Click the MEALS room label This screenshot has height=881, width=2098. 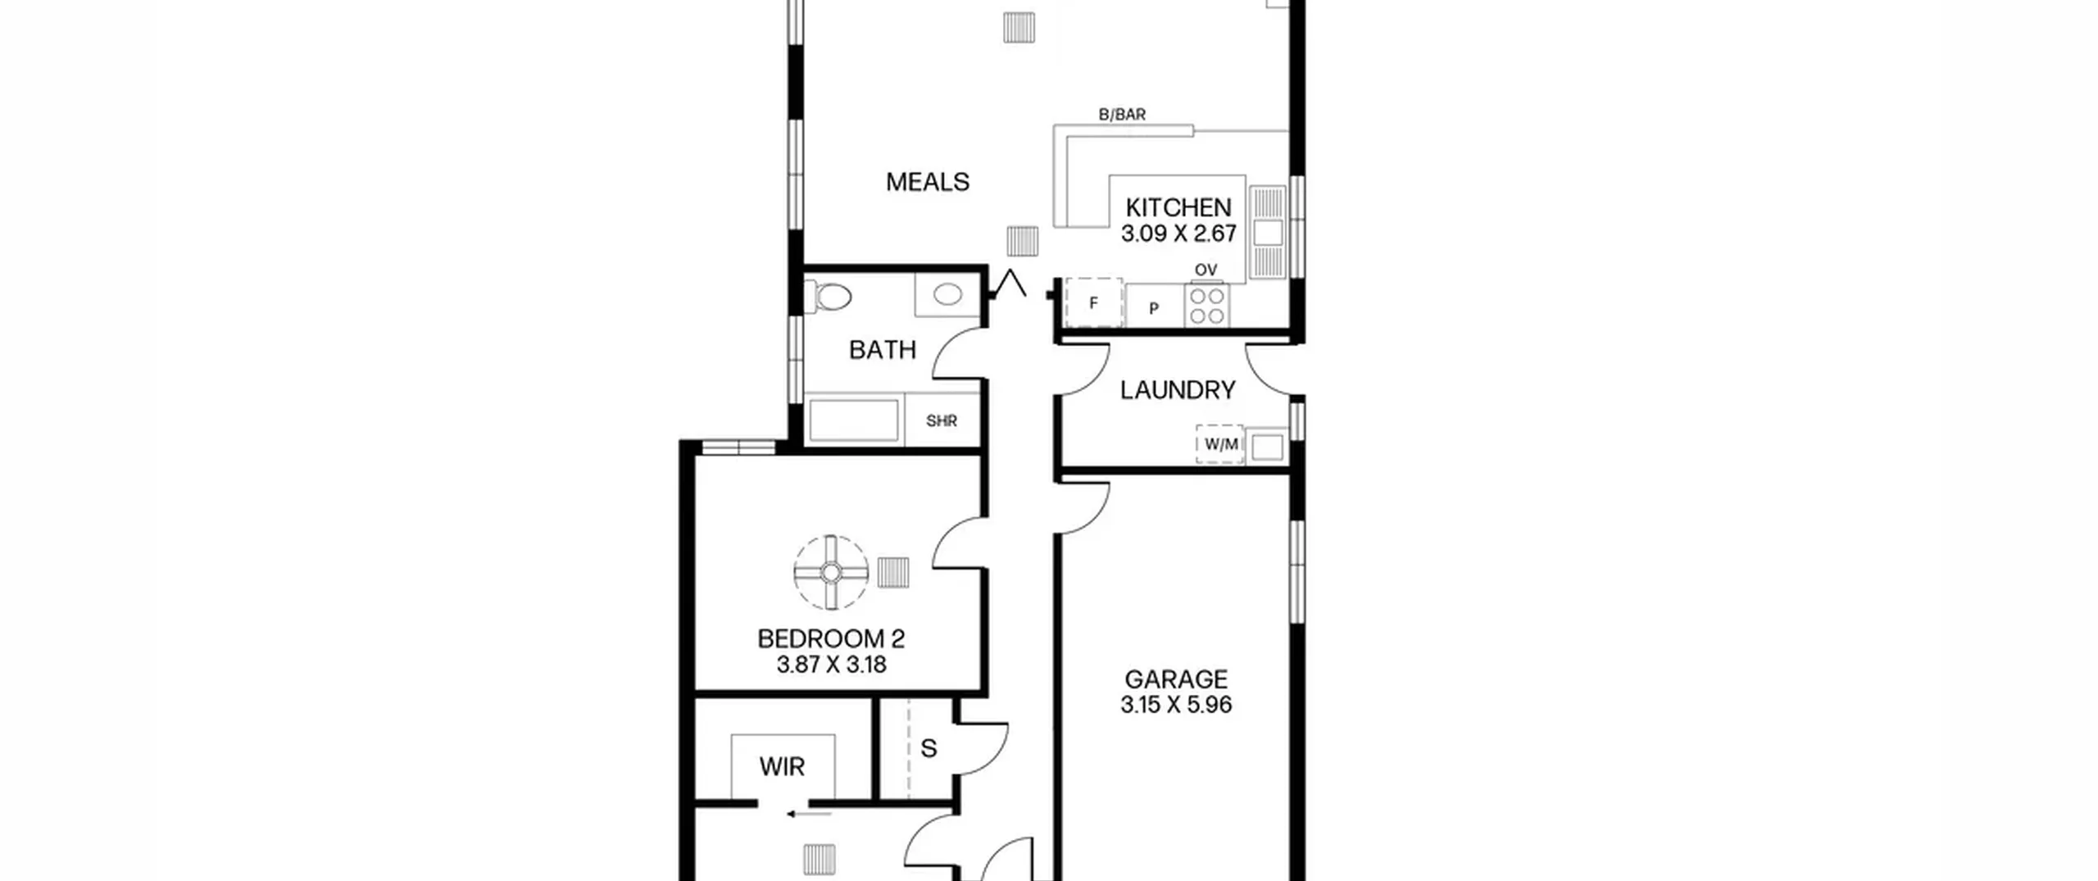tap(927, 181)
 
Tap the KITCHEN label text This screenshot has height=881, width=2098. tap(1178, 207)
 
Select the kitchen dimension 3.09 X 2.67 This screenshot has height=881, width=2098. tap(1178, 234)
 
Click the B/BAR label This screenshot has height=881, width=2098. tap(1122, 115)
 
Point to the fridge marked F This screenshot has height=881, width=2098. tap(1093, 302)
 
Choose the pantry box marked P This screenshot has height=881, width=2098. tap(1154, 307)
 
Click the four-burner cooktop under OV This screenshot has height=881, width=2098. tap(1207, 305)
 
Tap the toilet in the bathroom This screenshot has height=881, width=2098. tap(829, 297)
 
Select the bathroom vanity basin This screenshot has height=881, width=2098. tap(947, 294)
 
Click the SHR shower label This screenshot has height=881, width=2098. tap(942, 421)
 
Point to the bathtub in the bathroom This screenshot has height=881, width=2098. tap(853, 420)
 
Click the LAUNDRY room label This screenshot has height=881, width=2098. tap(1178, 390)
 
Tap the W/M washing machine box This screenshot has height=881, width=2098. tap(1219, 444)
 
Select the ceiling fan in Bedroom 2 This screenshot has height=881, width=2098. tap(831, 572)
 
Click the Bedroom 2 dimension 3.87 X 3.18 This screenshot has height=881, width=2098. tap(831, 664)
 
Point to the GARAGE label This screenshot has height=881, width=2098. tap(1176, 679)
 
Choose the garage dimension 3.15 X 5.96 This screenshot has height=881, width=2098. tap(1176, 705)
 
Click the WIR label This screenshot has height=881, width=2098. tap(782, 766)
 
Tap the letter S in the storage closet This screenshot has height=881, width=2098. tap(929, 748)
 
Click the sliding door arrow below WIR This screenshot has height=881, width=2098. tap(809, 815)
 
